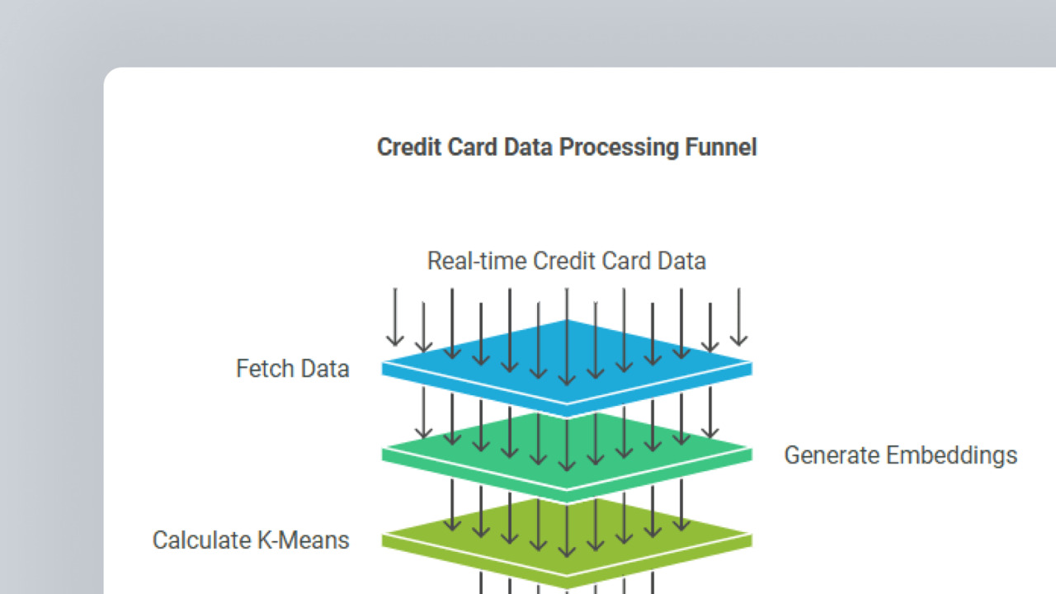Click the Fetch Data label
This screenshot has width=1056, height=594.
(293, 368)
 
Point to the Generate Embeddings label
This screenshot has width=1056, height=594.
(900, 455)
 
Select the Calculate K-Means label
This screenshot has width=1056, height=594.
(251, 540)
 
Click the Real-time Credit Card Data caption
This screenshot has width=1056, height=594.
(566, 262)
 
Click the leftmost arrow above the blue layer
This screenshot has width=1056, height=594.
(395, 318)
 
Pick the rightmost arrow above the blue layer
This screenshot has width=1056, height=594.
(738, 318)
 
